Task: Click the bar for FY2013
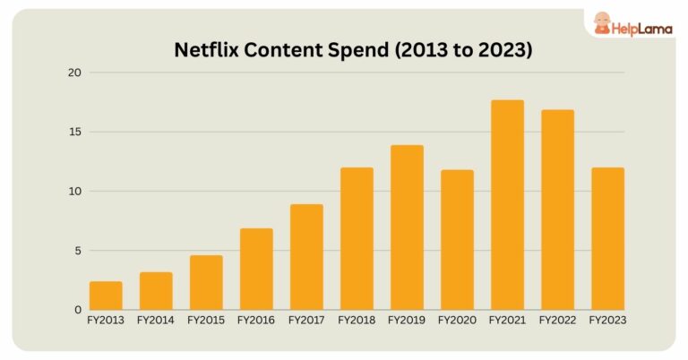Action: [106, 296]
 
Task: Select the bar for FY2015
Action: [206, 282]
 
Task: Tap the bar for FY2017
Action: [306, 257]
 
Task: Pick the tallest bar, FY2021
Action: [507, 205]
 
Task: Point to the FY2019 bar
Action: [407, 227]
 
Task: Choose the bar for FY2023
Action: [607, 238]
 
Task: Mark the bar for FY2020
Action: [457, 240]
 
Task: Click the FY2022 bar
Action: [557, 210]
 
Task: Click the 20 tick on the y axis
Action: [76, 73]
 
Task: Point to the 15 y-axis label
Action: [76, 132]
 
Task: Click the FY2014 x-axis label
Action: [156, 320]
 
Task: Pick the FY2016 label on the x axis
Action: [256, 320]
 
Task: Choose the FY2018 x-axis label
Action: [357, 320]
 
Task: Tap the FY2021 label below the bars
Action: [507, 320]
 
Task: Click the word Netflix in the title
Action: [207, 50]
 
